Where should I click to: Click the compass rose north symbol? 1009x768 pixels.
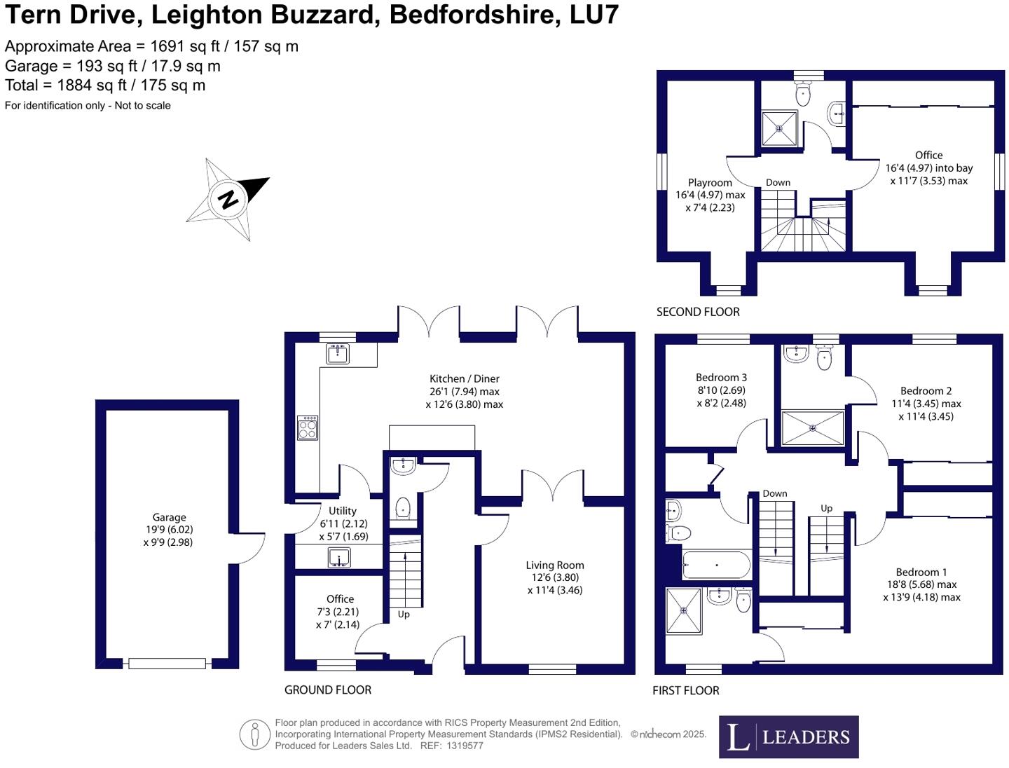(228, 199)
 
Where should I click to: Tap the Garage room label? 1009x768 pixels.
(169, 517)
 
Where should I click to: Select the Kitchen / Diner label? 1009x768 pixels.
(464, 378)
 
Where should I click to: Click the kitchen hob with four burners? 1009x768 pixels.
(307, 428)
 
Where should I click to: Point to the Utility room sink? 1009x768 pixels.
(338, 558)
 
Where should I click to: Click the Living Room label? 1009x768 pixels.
(554, 565)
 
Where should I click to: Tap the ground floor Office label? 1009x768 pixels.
(340, 599)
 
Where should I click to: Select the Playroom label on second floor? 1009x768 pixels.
(710, 182)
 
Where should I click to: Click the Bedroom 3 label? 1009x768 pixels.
(721, 377)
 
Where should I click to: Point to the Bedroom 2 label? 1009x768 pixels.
(926, 391)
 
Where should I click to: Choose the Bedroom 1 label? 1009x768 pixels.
(921, 572)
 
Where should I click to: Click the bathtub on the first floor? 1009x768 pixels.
(716, 564)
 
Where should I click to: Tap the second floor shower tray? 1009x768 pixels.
(779, 128)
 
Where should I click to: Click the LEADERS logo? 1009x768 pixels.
(788, 736)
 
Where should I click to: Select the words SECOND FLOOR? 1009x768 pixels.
(698, 312)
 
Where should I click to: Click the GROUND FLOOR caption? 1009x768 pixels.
(328, 690)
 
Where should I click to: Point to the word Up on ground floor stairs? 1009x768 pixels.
(403, 615)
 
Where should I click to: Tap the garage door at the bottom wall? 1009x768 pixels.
(167, 663)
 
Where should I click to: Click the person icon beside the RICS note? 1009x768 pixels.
(254, 734)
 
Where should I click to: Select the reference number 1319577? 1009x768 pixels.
(465, 746)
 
